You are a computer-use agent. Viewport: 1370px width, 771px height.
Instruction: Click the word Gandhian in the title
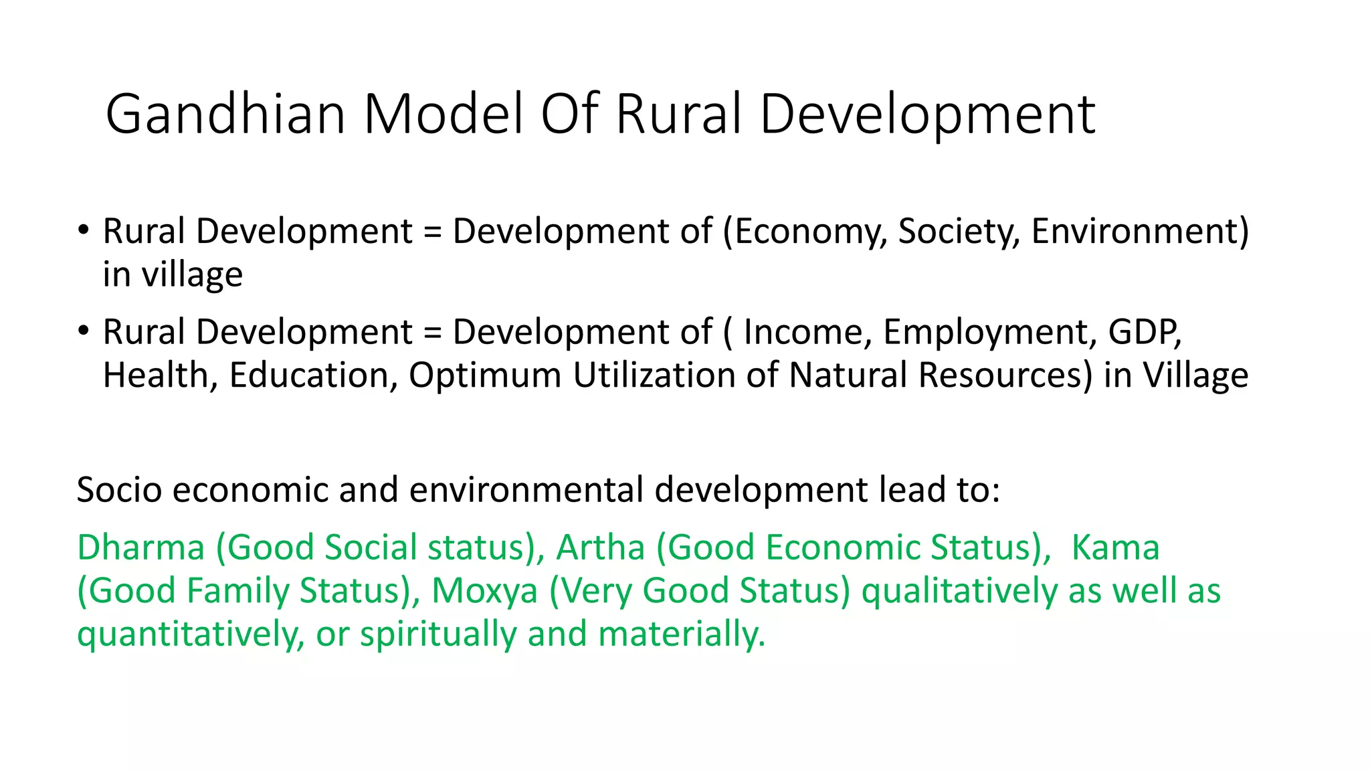coord(225,114)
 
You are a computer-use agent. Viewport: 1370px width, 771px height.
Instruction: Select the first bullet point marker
coord(83,230)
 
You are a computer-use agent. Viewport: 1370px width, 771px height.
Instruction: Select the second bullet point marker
coord(83,331)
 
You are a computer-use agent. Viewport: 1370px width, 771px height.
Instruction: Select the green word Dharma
coord(140,547)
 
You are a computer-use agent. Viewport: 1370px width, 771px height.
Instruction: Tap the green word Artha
coord(600,547)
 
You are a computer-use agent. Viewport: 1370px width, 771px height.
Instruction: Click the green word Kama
coord(1115,547)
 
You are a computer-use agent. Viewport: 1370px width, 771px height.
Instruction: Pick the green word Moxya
coord(484,591)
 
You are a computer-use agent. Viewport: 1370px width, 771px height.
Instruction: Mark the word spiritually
coord(438,634)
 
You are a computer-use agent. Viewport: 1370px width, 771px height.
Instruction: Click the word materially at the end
coord(681,634)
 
